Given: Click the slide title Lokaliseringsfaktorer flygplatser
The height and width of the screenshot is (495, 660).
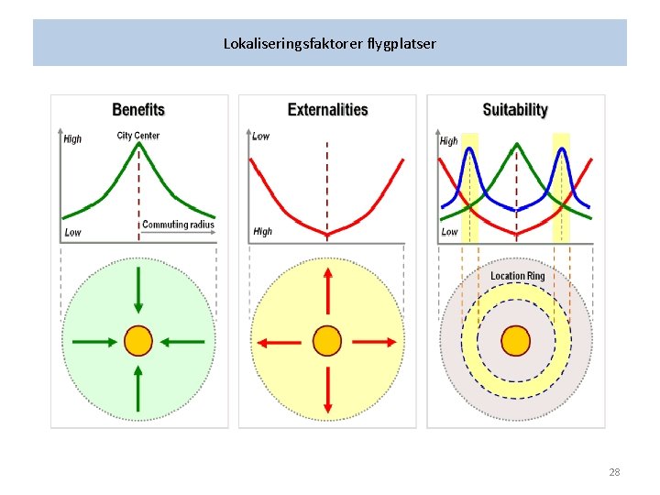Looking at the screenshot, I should [330, 43].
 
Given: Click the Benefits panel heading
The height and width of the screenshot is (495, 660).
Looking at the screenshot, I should [138, 110].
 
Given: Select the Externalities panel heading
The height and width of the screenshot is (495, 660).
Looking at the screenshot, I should [327, 110].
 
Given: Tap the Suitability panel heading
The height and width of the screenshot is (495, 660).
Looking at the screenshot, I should [515, 110].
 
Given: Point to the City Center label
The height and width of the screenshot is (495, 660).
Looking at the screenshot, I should [138, 136].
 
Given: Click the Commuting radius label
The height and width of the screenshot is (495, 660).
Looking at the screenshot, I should [178, 225].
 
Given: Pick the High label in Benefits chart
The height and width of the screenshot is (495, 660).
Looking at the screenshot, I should [72, 139].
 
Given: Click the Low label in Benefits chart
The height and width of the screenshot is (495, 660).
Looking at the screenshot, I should [72, 232].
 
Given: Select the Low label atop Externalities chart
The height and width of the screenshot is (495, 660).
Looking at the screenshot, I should [261, 137].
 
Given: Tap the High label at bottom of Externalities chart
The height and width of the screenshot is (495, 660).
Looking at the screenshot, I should [262, 232].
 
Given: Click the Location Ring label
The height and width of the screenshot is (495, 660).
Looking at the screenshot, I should [517, 276].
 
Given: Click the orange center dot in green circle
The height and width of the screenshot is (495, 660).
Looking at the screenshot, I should [138, 341].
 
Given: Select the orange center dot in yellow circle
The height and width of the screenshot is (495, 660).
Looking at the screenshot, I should [327, 341].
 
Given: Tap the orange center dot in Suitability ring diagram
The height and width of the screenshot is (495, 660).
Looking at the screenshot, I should [516, 341].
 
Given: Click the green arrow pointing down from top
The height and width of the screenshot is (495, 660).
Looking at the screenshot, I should [138, 291].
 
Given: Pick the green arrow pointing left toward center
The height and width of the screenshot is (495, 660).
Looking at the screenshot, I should [182, 341].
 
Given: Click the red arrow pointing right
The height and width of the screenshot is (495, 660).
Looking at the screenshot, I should [376, 341].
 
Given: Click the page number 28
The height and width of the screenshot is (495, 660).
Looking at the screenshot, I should [614, 472].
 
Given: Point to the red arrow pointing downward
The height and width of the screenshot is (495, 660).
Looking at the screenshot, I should [327, 390].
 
